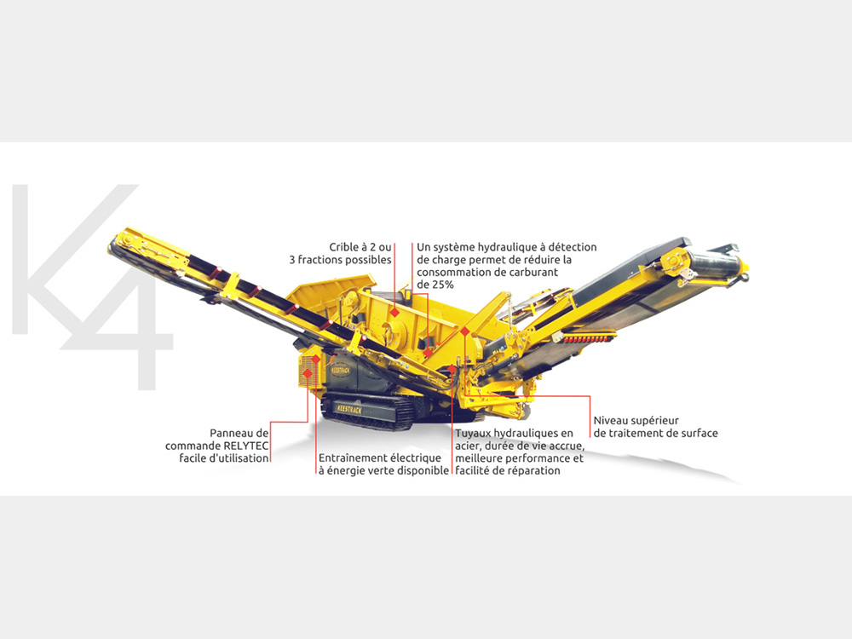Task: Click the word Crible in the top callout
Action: click(344, 247)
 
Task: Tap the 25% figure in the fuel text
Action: click(442, 285)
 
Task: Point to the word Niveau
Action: click(610, 421)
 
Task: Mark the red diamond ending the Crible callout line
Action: click(395, 313)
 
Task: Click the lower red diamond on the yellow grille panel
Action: click(308, 373)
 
